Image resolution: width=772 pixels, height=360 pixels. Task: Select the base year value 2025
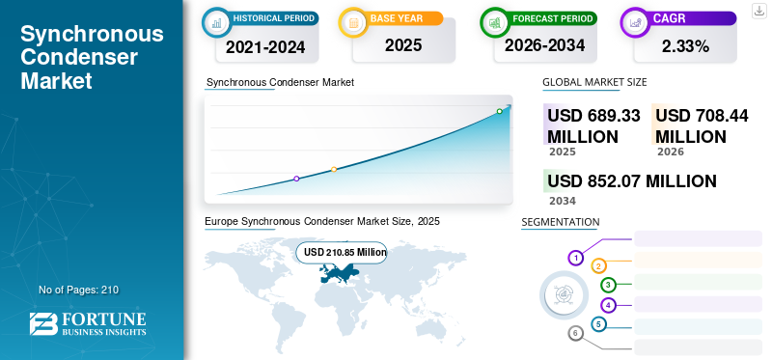[397, 44]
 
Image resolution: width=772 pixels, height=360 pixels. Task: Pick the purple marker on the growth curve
[296, 179]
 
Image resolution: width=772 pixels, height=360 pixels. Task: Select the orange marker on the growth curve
[334, 170]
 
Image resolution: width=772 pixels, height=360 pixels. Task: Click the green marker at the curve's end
[499, 112]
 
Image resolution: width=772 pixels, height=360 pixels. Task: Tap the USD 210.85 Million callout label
[345, 252]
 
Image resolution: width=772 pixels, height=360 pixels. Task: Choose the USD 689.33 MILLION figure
[593, 125]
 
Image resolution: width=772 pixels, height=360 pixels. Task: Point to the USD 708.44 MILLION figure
[702, 125]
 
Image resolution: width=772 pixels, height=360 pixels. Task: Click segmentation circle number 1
[575, 258]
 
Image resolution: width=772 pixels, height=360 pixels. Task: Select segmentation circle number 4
[608, 305]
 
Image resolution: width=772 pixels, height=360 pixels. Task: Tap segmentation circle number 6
[576, 333]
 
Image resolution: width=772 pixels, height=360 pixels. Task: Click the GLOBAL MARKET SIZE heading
[594, 82]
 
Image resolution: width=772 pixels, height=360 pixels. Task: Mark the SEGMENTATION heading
[561, 222]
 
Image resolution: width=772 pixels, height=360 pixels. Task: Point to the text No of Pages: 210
[78, 290]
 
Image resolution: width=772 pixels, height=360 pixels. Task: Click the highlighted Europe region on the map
[341, 274]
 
